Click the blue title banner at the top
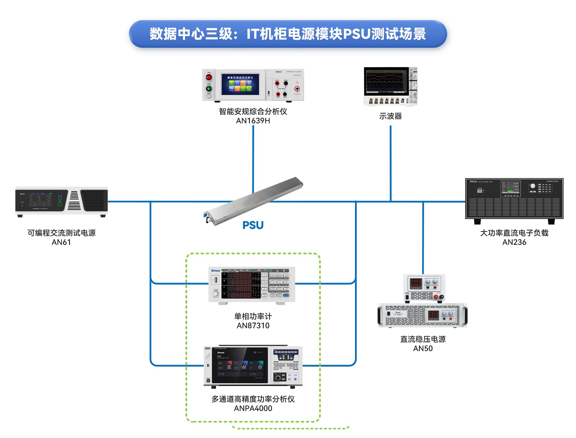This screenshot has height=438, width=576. tap(288, 34)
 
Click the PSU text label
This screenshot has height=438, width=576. tap(253, 225)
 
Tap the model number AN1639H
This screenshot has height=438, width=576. tap(253, 121)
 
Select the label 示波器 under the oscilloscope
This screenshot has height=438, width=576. tap(390, 116)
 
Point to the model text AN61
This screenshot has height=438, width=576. tap(61, 242)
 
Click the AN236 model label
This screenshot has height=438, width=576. tap(514, 242)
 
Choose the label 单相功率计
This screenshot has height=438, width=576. tap(253, 316)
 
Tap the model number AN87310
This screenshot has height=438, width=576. tap(253, 326)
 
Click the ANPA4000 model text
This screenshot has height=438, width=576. tap(253, 408)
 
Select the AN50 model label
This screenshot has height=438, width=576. tap(423, 349)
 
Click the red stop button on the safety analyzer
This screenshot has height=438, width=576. tap(209, 78)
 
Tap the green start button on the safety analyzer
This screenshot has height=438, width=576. tap(209, 89)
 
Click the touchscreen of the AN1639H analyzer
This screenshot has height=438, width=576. tap(240, 85)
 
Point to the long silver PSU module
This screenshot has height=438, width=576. tap(254, 201)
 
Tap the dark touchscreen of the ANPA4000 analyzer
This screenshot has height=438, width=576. tap(240, 365)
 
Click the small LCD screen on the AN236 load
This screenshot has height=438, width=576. tap(510, 188)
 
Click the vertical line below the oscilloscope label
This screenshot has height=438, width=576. tap(391, 162)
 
